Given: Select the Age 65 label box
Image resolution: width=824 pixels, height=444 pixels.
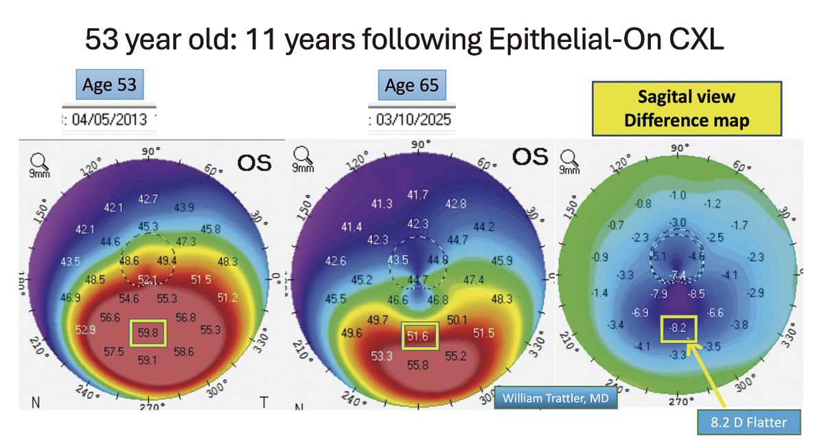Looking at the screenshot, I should pos(411,85).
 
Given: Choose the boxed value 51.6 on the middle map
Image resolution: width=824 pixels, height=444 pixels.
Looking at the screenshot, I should pos(418,335).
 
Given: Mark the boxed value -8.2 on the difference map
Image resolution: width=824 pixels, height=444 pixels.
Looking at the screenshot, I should pos(678,328).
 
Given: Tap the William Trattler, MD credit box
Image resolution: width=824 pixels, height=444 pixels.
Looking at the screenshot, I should pos(555,397).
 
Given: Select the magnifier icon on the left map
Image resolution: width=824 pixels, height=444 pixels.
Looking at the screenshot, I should pos(38,162).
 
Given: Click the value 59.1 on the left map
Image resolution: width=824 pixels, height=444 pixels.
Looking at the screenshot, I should pos(148,359).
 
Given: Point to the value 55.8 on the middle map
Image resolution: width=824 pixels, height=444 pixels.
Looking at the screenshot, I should pos(417,365).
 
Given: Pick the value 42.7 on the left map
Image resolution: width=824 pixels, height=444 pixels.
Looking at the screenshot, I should pos(148,199).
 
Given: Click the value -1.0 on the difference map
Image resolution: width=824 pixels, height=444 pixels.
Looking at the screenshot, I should pos(678,195).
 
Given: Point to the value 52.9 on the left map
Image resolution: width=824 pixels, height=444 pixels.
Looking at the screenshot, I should pos(84,330).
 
